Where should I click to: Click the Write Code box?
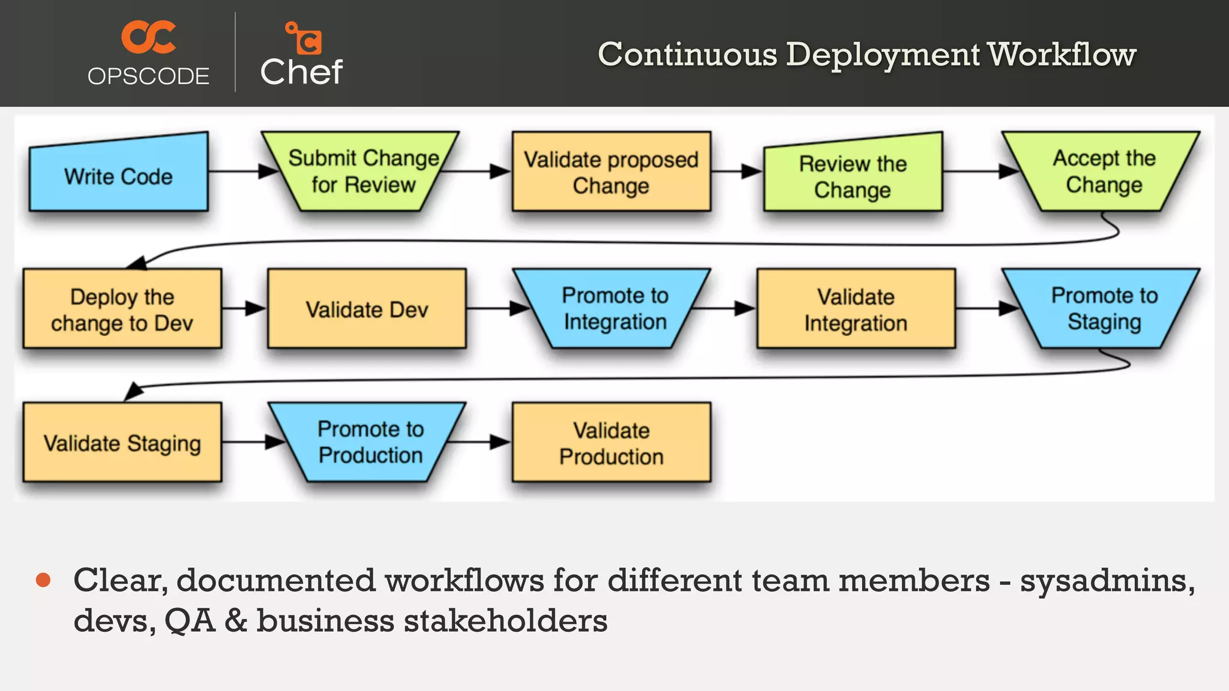click(118, 176)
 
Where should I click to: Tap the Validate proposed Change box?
click(611, 172)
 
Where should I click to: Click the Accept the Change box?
click(1103, 172)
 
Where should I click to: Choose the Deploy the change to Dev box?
click(122, 309)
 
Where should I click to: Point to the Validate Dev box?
click(367, 309)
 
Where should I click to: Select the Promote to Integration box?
click(614, 308)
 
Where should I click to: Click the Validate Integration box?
click(856, 309)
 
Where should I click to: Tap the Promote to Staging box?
click(1103, 308)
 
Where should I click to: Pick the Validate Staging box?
click(122, 443)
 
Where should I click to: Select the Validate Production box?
click(611, 443)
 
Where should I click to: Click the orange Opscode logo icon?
click(148, 37)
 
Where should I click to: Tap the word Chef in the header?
click(301, 72)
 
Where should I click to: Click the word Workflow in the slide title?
click(1062, 55)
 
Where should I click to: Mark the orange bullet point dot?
click(43, 580)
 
